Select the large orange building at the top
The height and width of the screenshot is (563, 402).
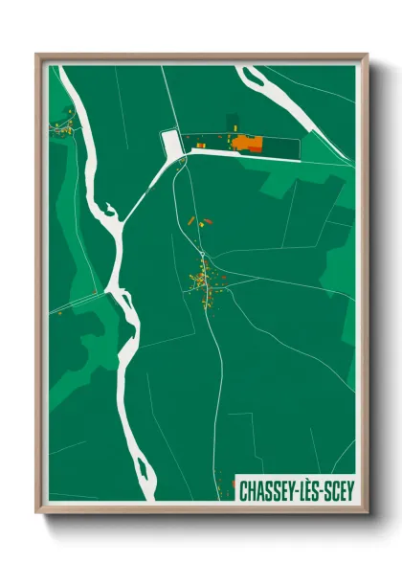[x=248, y=144]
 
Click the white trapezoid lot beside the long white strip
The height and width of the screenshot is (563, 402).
[x=172, y=145]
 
